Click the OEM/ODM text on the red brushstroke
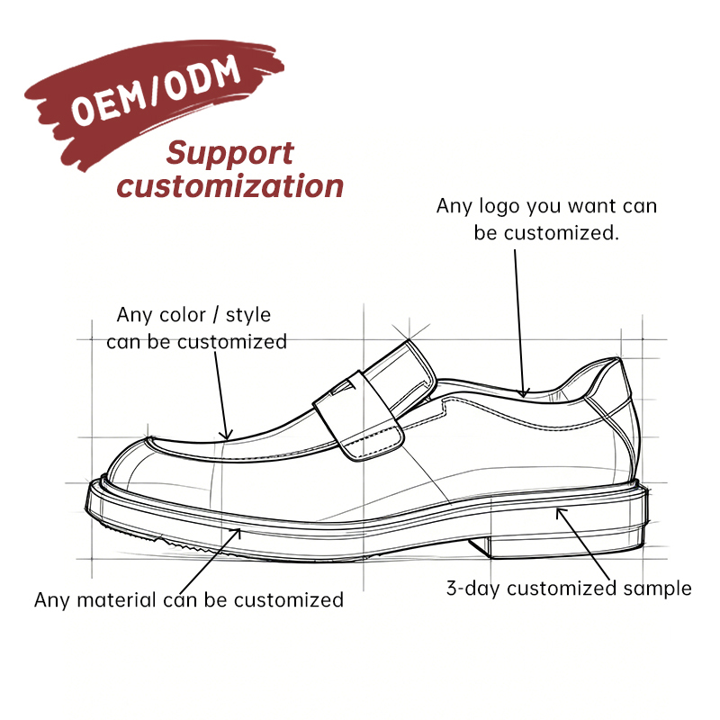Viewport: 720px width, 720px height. pyautogui.click(x=155, y=91)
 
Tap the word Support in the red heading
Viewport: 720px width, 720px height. pyautogui.click(x=229, y=154)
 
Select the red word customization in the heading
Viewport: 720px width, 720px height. pyautogui.click(x=230, y=186)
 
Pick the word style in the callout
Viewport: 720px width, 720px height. pyautogui.click(x=248, y=316)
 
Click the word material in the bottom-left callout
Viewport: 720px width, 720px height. pyautogui.click(x=117, y=600)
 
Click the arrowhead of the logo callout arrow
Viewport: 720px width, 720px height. pyautogui.click(x=523, y=392)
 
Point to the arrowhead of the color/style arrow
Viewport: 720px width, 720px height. pyautogui.click(x=226, y=435)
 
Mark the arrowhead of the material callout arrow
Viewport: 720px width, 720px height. pyautogui.click(x=236, y=534)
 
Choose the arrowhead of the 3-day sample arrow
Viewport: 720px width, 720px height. pyautogui.click(x=560, y=512)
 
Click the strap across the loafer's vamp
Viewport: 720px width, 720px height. pyautogui.click(x=359, y=416)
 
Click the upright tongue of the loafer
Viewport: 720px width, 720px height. pyautogui.click(x=400, y=372)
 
